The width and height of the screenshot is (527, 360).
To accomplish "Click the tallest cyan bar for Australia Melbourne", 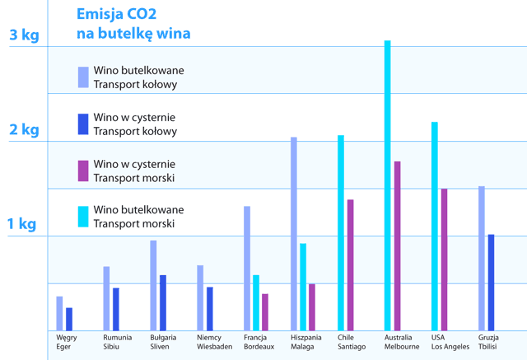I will (x=387, y=185).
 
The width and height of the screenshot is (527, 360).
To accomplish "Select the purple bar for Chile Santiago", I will (x=350, y=264).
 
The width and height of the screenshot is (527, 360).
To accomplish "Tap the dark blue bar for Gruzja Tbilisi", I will (x=491, y=282).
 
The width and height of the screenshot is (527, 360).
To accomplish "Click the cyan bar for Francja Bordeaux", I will (x=256, y=302).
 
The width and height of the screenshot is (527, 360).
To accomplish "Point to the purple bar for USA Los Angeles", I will (x=444, y=259).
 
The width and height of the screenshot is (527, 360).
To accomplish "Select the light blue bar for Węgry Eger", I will (x=59, y=312).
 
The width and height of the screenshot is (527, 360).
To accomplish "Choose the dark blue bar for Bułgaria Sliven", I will (x=163, y=302).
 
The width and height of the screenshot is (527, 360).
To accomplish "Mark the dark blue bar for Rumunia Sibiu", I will (x=116, y=308).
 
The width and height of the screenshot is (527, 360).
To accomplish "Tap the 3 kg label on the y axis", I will (x=23, y=35).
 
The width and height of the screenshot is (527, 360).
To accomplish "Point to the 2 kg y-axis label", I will (x=23, y=129).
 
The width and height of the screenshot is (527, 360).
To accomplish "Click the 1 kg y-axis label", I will (x=23, y=223).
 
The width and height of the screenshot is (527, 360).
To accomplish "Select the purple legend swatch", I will (x=82, y=171).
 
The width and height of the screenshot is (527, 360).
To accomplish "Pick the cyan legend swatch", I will (x=82, y=217).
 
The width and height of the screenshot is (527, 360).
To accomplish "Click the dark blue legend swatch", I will (x=82, y=124).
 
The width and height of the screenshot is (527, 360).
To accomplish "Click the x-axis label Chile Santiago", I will (x=352, y=342).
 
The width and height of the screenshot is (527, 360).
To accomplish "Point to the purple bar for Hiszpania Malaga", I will (x=311, y=306).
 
